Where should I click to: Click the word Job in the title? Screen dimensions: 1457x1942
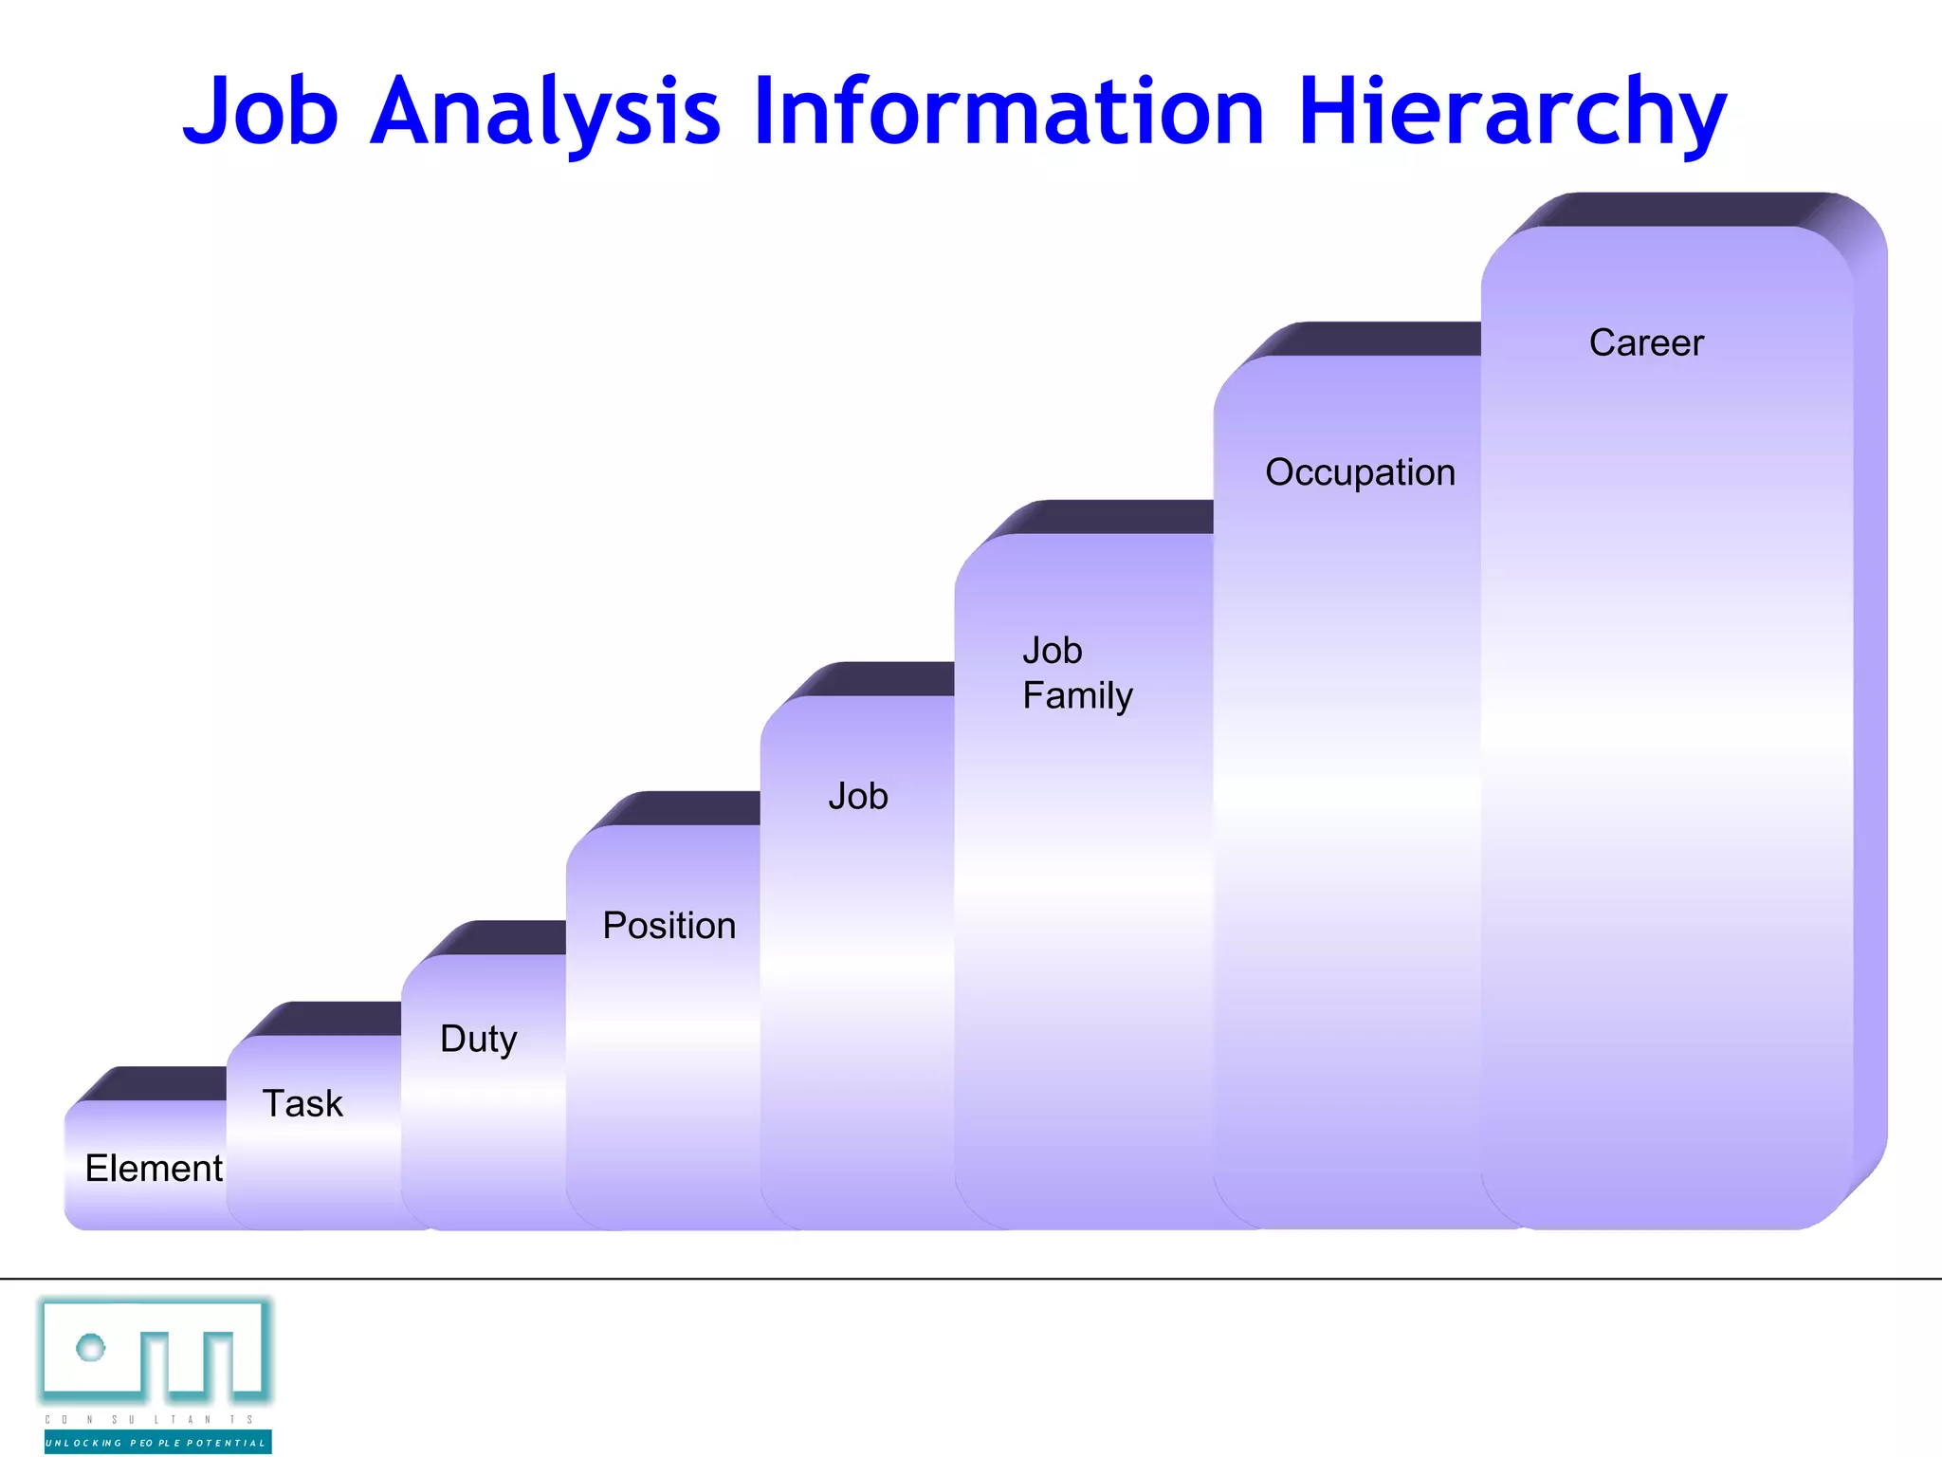tap(261, 112)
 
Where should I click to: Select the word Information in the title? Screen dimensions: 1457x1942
tap(1009, 112)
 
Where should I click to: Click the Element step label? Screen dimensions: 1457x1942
tap(154, 1168)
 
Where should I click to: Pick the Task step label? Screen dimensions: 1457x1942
tap(302, 1103)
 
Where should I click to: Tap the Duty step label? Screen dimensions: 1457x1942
tap(479, 1039)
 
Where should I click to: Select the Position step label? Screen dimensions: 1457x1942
tap(669, 926)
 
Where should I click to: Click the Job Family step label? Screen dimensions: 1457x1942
tap(1077, 673)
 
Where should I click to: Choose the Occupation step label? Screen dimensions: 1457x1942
tap(1360, 472)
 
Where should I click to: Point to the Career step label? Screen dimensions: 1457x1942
tap(1646, 342)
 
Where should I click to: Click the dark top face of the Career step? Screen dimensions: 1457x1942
tap(1678, 210)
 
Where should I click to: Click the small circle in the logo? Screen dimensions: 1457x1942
tap(91, 1347)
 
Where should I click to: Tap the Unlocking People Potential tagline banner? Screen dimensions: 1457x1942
tap(157, 1443)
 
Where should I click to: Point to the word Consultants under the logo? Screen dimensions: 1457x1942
tap(150, 1420)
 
